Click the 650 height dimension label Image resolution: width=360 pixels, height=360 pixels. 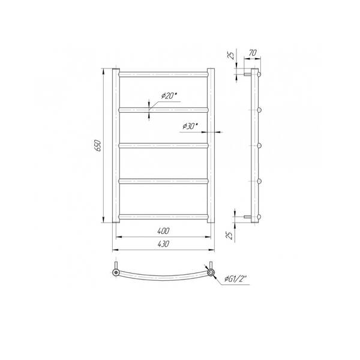click(x=98, y=145)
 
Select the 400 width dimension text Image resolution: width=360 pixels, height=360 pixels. click(x=163, y=231)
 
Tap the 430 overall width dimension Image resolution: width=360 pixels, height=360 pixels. click(x=163, y=244)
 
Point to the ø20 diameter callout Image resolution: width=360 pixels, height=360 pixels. click(x=169, y=95)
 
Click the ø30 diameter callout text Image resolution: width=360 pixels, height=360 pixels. click(x=190, y=126)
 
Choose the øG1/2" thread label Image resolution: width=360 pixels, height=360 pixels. click(x=236, y=279)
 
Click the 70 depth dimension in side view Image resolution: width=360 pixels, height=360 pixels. click(x=253, y=53)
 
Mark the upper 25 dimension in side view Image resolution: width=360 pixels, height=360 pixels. click(x=232, y=55)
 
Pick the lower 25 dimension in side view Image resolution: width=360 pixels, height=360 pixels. click(x=230, y=235)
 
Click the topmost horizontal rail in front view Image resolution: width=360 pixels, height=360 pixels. click(x=163, y=74)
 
